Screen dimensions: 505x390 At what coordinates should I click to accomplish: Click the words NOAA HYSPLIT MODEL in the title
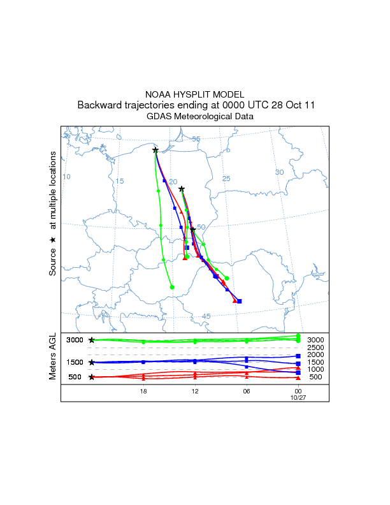tap(195, 94)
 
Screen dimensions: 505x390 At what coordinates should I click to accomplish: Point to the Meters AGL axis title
tap(53, 356)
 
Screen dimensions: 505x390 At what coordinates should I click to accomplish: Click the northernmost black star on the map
tap(155, 150)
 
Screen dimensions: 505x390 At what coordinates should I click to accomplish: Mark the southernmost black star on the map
tap(192, 230)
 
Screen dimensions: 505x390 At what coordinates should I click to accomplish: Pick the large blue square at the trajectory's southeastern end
tap(239, 301)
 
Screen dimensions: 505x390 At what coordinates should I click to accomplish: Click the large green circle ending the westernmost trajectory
tap(172, 287)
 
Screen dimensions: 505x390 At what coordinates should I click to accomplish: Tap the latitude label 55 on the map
tap(196, 139)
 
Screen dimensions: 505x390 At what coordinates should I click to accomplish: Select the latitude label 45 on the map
tap(206, 316)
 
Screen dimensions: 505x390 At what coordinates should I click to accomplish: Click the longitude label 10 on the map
tap(66, 177)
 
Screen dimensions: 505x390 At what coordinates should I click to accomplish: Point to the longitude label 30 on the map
tap(279, 172)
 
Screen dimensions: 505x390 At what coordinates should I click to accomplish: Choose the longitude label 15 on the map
tap(119, 181)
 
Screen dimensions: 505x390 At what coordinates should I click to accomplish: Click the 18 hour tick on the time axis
tap(143, 391)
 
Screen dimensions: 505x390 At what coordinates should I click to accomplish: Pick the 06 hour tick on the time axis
tap(246, 391)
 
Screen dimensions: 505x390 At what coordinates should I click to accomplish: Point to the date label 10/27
tap(298, 397)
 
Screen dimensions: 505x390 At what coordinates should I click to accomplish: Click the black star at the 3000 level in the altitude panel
tap(92, 340)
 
